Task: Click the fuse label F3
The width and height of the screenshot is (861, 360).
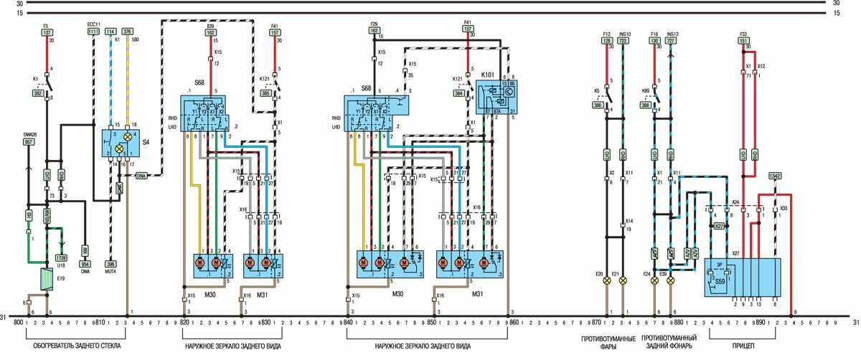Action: tap(47, 26)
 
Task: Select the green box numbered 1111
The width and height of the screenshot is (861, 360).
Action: tap(94, 32)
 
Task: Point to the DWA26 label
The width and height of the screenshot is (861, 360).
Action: tap(29, 134)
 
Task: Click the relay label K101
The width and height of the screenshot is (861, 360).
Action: tap(489, 75)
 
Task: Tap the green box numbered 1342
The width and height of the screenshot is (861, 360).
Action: tap(775, 176)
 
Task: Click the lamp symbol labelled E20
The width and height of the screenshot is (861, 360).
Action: tap(606, 282)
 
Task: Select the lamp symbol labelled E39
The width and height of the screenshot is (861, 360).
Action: tap(671, 282)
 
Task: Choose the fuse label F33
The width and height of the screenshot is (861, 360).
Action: tap(743, 34)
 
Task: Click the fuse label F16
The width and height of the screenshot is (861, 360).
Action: tap(654, 34)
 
